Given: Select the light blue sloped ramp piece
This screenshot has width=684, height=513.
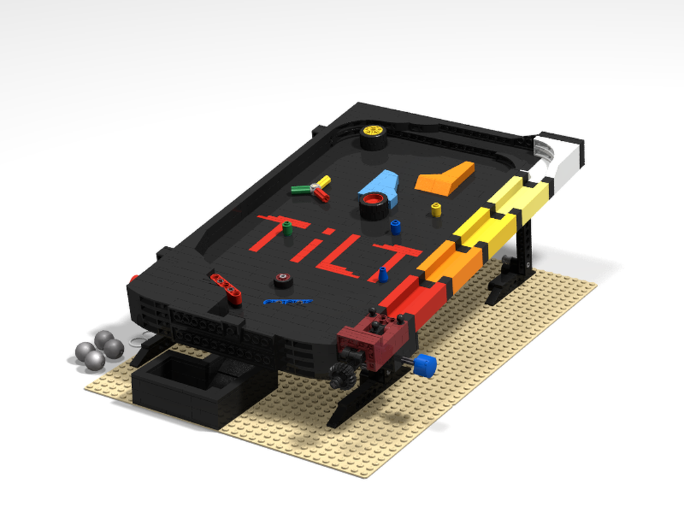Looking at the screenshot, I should [x=380, y=182].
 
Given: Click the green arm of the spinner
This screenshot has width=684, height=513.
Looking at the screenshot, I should [x=301, y=189].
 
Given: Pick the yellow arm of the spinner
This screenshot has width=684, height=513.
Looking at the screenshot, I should [x=322, y=181].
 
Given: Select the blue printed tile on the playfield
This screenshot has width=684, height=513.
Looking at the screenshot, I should [x=287, y=301].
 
